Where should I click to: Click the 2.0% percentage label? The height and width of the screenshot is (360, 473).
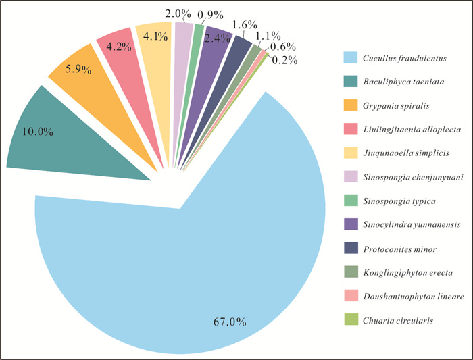point(180,11)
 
